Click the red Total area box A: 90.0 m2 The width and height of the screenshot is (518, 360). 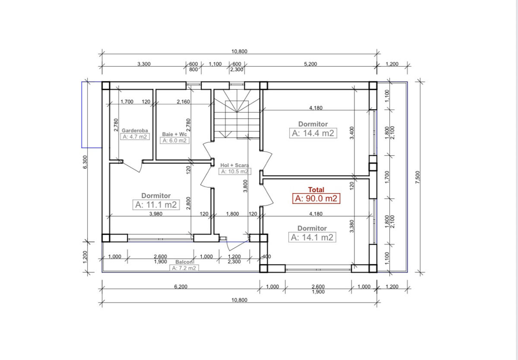click(x=316, y=199)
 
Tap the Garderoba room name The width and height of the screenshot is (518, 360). click(x=135, y=130)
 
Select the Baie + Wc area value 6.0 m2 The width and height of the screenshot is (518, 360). click(x=174, y=140)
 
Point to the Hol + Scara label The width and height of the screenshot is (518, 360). click(x=234, y=165)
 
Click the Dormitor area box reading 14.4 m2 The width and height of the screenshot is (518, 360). click(x=313, y=133)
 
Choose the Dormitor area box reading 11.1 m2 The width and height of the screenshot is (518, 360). click(x=156, y=205)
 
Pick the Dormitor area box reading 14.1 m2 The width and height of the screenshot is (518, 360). click(x=312, y=237)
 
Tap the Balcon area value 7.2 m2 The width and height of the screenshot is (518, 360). click(x=184, y=268)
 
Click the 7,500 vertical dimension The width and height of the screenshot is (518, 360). click(x=418, y=177)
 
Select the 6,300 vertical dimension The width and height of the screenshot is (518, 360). click(x=85, y=162)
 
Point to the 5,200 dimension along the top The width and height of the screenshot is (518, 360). click(x=310, y=64)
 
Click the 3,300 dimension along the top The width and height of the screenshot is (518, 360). click(x=144, y=64)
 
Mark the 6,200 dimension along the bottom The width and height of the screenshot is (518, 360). click(x=180, y=287)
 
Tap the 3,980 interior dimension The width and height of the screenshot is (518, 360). click(x=156, y=214)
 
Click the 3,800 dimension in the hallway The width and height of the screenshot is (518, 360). click(x=245, y=186)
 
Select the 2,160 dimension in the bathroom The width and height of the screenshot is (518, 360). click(x=183, y=102)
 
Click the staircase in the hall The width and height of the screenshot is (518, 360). click(x=237, y=114)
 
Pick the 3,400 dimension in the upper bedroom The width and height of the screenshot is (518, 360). click(x=352, y=133)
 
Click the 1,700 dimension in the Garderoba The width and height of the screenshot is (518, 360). click(x=127, y=102)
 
